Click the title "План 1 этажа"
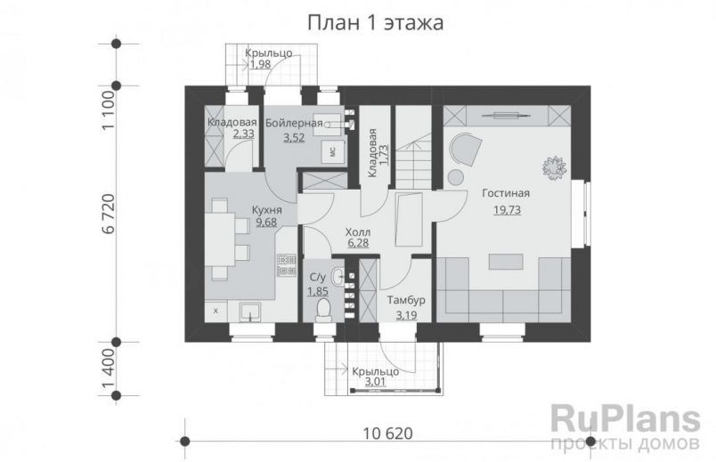(375, 22)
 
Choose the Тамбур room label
(406, 300)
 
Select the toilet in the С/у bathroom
(324, 309)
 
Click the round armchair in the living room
(463, 149)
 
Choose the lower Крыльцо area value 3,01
(375, 384)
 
